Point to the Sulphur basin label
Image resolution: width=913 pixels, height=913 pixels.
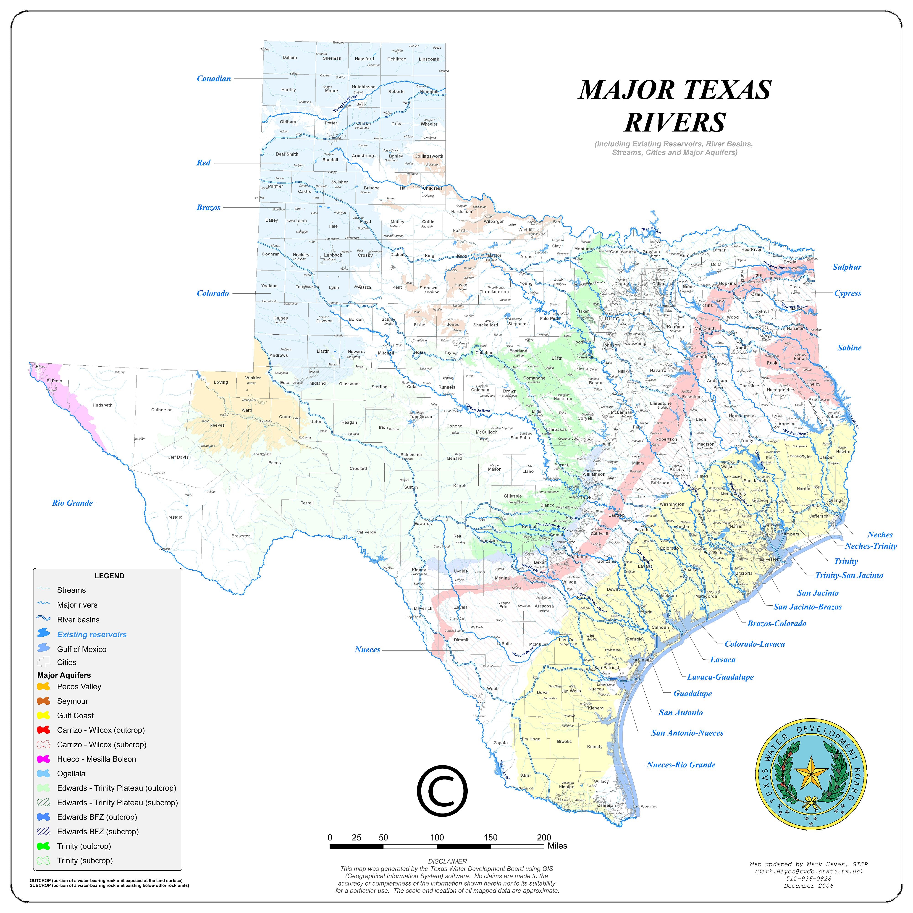pos(847,267)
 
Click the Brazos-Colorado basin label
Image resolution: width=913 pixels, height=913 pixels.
pos(777,623)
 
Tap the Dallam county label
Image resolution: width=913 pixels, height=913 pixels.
pos(290,58)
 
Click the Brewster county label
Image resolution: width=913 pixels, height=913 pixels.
pos(241,536)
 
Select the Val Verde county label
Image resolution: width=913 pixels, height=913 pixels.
pos(367,532)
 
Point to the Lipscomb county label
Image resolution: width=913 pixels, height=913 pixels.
pos(429,59)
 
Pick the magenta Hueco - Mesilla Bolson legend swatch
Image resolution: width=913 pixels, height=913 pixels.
pos(43,759)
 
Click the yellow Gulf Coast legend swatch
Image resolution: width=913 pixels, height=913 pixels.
pos(43,716)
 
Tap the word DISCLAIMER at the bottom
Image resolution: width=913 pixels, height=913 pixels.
pos(447,861)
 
